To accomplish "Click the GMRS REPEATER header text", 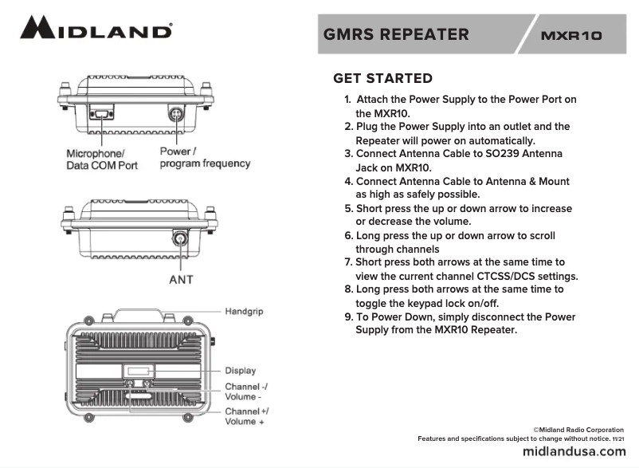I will (x=396, y=34).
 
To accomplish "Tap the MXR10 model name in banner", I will (x=570, y=36).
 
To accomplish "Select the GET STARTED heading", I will (x=382, y=78).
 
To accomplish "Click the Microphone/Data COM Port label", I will (x=101, y=159).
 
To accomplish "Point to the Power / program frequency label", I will (x=205, y=157).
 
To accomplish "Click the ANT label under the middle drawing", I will (x=181, y=280).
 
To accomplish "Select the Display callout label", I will (x=240, y=370).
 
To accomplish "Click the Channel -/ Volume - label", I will (x=245, y=391).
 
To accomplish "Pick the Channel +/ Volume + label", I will (x=245, y=416).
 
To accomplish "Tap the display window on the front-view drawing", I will (x=139, y=370).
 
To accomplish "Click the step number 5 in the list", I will (x=348, y=209).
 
